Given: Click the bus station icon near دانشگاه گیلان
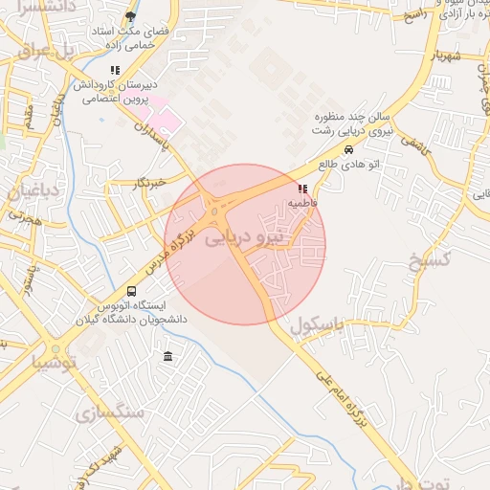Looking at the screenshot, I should [x=131, y=291].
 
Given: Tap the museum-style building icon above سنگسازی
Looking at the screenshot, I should [x=168, y=357].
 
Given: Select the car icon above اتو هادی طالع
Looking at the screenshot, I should [x=348, y=150].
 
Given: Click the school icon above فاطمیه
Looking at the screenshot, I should [x=303, y=189].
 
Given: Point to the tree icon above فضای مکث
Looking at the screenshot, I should [x=131, y=16].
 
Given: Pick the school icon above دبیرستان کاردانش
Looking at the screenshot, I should [x=116, y=70].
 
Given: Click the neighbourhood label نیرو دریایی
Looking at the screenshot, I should [x=245, y=234].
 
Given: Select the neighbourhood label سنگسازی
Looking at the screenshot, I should [x=107, y=413].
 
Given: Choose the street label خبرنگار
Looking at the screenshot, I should [x=151, y=181].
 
